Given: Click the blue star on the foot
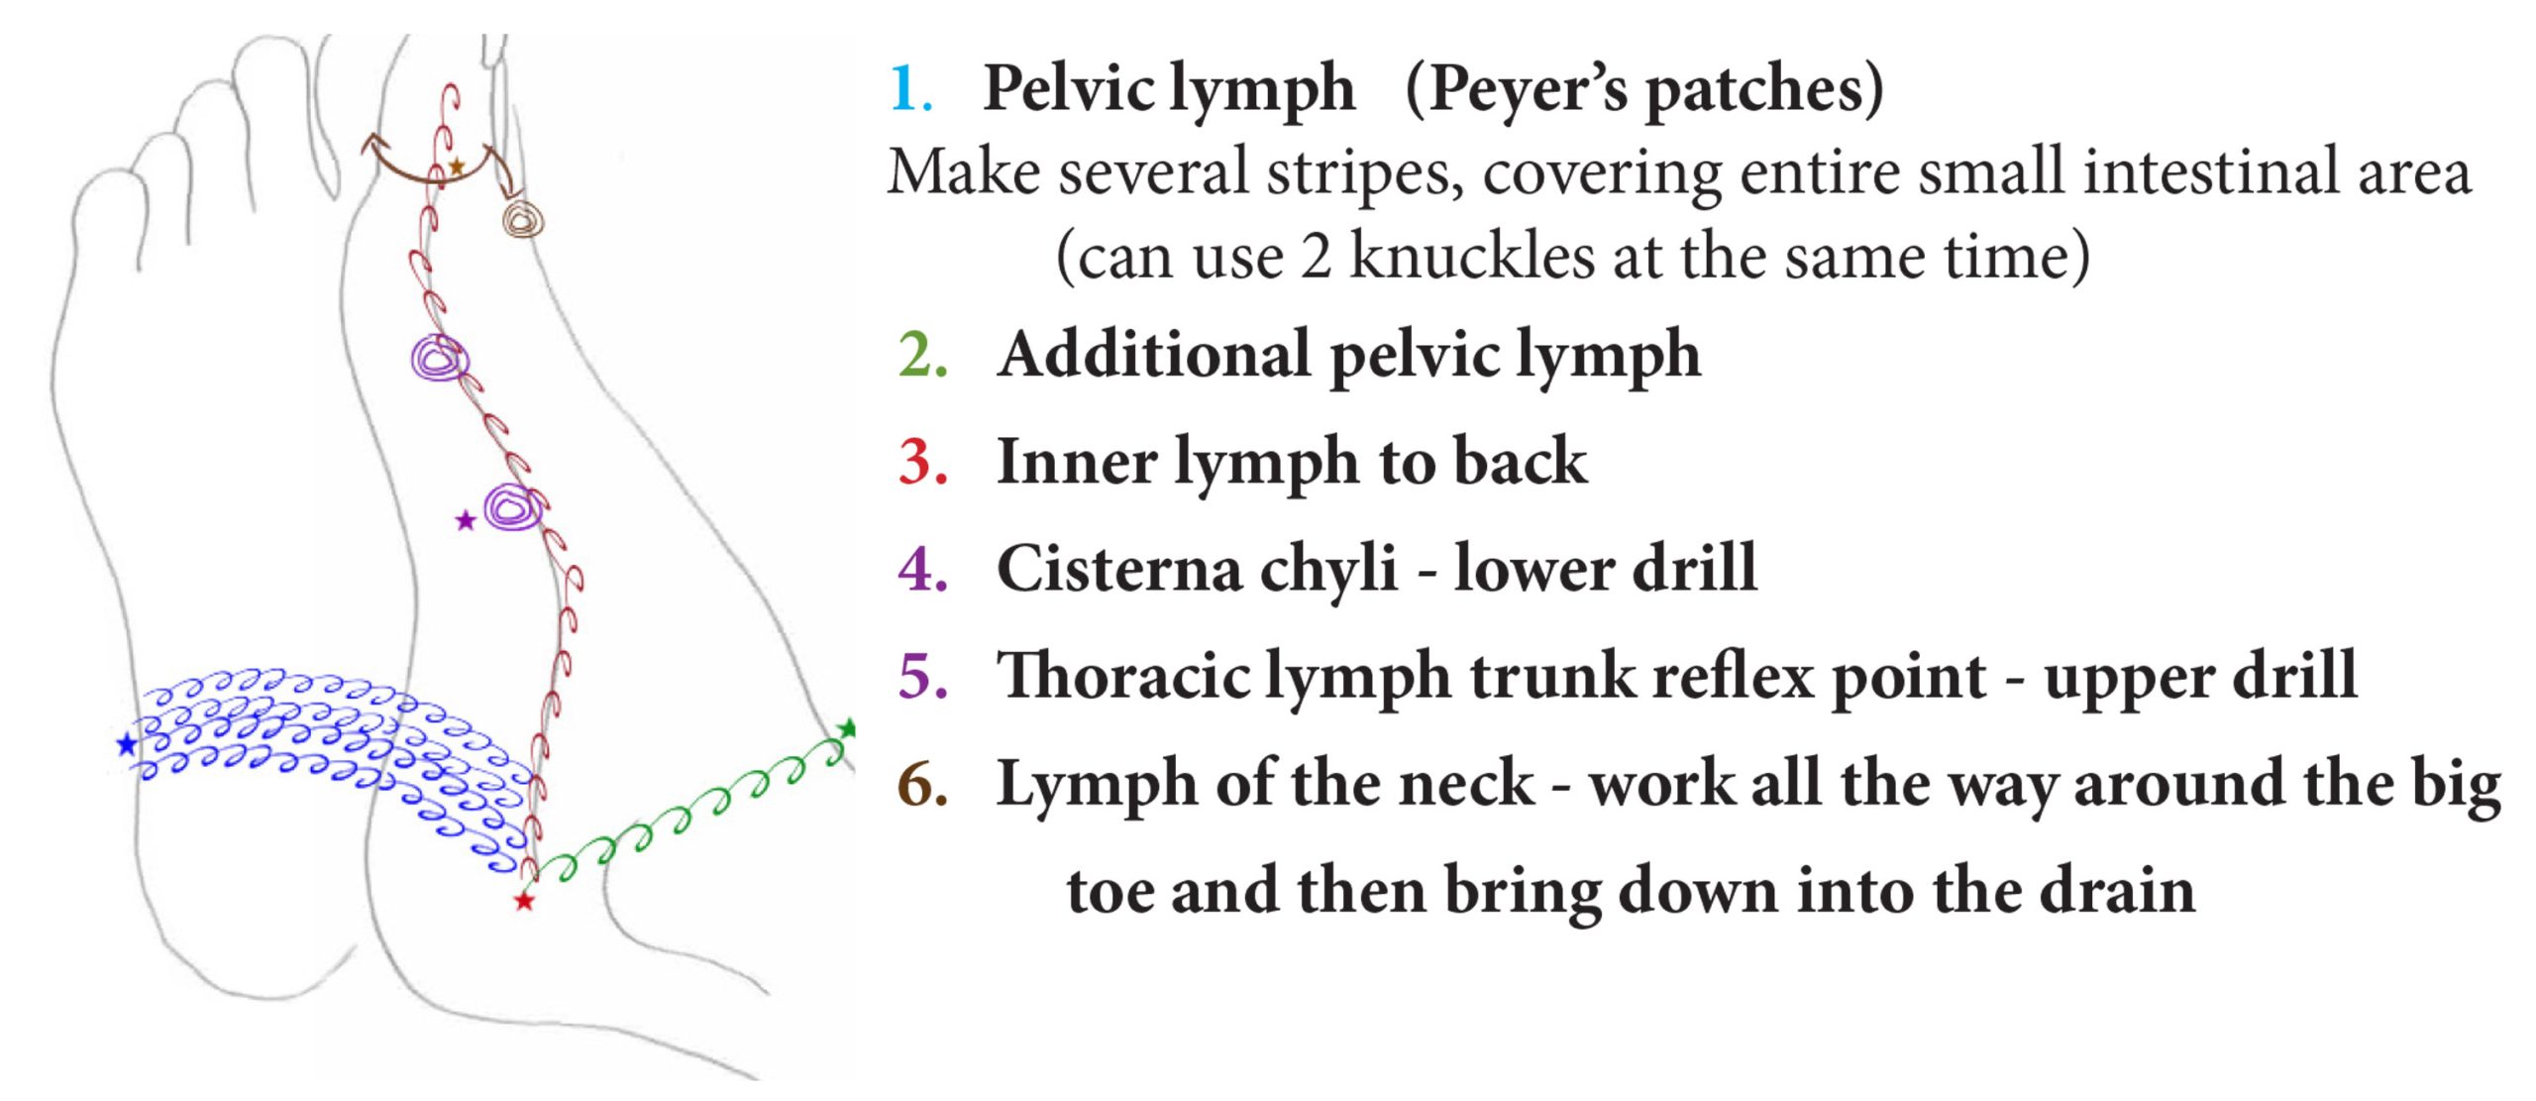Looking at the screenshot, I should [127, 744].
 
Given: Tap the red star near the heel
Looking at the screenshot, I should [524, 901].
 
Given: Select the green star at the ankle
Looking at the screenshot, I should [847, 729].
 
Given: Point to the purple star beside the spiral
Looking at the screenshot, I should [465, 520].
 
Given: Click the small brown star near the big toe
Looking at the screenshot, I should [456, 166].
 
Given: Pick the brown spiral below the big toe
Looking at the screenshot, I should [522, 218].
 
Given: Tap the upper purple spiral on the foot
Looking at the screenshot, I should [439, 358].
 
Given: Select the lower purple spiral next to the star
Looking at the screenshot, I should [513, 508].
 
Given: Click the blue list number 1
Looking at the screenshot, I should [910, 89].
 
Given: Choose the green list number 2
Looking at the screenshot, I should [922, 355].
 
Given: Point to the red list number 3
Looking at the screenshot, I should [922, 462].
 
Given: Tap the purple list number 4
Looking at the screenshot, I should [922, 569].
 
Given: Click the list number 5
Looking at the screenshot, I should [922, 676].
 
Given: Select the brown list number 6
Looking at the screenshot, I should [922, 784].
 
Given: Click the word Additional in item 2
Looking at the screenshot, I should [1155, 355].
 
